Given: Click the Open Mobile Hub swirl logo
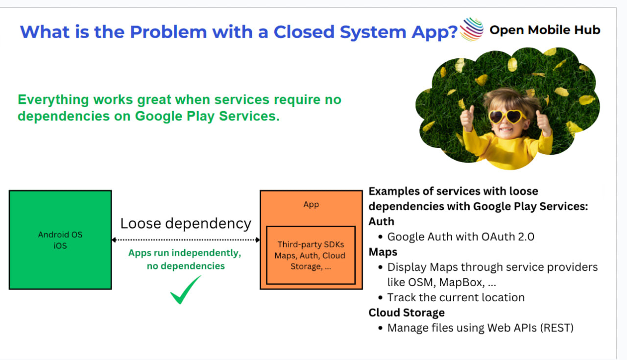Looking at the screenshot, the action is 472,29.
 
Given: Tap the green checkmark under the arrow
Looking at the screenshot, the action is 185,290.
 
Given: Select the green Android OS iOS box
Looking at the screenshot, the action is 60,240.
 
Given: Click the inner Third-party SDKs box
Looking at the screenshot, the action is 311,255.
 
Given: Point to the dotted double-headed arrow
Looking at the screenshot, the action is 186,240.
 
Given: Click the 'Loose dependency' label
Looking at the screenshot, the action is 186,224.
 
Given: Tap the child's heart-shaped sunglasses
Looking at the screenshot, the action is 507,117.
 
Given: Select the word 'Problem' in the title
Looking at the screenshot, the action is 169,32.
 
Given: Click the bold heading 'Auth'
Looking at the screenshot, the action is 381,221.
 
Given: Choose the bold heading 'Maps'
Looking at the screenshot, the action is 383,252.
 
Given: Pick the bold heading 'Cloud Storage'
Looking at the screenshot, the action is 407,312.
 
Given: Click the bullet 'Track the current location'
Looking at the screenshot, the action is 456,297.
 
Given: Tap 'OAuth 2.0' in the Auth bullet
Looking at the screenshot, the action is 508,237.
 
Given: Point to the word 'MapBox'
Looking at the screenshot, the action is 461,282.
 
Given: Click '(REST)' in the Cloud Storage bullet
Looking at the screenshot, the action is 557,328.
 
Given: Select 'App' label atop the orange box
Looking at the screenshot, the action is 311,205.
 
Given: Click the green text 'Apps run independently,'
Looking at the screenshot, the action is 185,253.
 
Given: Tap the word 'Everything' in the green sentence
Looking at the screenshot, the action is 53,100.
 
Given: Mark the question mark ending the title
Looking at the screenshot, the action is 452,32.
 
